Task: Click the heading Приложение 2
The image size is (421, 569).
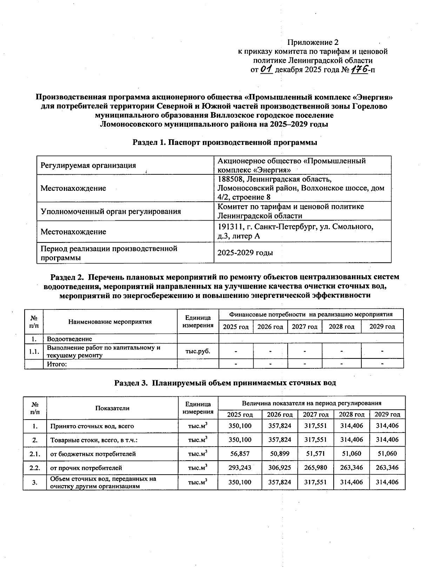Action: (x=313, y=42)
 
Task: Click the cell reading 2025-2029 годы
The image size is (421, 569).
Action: (x=245, y=253)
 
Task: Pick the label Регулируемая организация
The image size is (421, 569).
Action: (x=88, y=165)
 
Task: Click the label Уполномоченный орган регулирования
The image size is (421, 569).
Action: (x=111, y=211)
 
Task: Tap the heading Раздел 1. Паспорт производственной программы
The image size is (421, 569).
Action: (x=225, y=142)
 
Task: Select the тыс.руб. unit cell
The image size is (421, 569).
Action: (x=198, y=351)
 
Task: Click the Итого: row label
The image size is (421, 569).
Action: (x=57, y=364)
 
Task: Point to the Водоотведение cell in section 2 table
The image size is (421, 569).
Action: (x=69, y=339)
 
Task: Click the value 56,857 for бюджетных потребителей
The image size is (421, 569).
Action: (x=240, y=454)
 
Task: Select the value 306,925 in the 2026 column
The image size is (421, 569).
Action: (x=279, y=468)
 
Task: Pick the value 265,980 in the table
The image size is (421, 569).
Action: (x=315, y=468)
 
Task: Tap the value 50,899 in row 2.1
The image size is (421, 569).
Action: (x=279, y=454)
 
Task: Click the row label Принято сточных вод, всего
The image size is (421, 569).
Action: (x=92, y=426)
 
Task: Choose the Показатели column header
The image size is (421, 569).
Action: (x=112, y=408)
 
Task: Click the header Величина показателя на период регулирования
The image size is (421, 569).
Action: (x=311, y=403)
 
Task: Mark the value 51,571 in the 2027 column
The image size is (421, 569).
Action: (x=315, y=454)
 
